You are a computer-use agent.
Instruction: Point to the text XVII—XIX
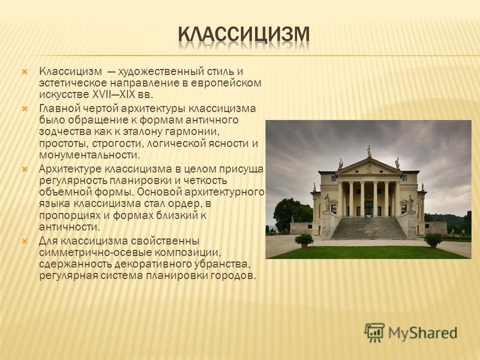tap(113, 94)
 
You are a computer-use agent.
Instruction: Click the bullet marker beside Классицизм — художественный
tap(25, 73)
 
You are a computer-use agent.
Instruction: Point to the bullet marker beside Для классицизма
tap(25, 242)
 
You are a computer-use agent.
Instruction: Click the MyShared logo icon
tap(374, 332)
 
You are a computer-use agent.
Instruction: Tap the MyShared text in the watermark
tap(423, 333)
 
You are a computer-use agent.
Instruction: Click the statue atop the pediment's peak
tap(369, 152)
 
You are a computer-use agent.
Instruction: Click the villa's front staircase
tap(369, 228)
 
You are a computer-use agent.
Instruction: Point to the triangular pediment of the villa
tap(369, 167)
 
